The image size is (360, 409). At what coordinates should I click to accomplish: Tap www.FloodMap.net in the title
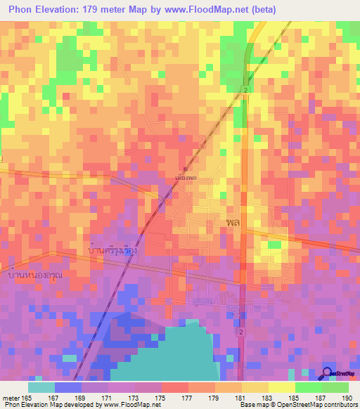click(199, 10)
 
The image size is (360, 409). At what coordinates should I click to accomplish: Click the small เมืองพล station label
click(185, 178)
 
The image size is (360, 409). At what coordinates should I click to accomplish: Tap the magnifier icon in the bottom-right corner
click(327, 373)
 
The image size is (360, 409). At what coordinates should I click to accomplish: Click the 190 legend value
click(346, 398)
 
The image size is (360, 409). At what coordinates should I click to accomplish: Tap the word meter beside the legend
click(11, 398)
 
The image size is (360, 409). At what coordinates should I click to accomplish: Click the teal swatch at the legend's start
click(41, 387)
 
